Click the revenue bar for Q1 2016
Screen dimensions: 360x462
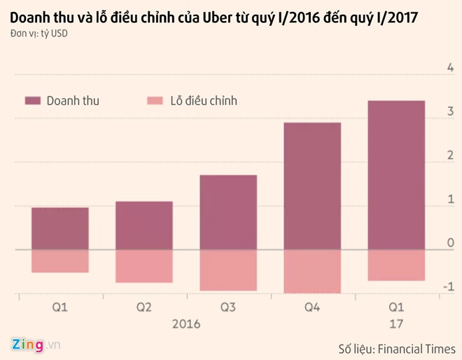[60, 228]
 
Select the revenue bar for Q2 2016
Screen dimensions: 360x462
[144, 225]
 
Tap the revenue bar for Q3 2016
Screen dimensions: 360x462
[228, 212]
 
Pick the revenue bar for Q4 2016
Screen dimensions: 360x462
[312, 186]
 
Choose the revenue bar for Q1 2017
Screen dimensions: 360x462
[396, 175]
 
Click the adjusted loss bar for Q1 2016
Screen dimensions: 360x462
[60, 261]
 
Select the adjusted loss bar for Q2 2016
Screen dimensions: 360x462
[144, 265]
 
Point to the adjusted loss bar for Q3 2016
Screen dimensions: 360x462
[228, 270]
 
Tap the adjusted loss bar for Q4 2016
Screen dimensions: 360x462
[312, 271]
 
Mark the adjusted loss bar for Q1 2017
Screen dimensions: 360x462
[396, 265]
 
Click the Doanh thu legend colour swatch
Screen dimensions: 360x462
[33, 101]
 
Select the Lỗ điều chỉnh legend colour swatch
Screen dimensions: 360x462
[156, 101]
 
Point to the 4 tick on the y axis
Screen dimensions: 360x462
[450, 67]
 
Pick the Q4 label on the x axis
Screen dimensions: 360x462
[312, 307]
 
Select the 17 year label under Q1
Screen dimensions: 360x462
[396, 324]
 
